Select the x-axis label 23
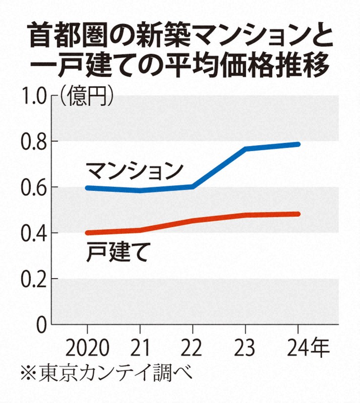click(x=246, y=348)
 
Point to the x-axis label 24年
click(x=305, y=348)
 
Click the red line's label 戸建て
click(x=116, y=252)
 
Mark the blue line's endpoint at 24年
click(x=298, y=145)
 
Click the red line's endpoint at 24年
click(x=298, y=214)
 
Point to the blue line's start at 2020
click(x=88, y=188)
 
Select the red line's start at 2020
click(x=88, y=233)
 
